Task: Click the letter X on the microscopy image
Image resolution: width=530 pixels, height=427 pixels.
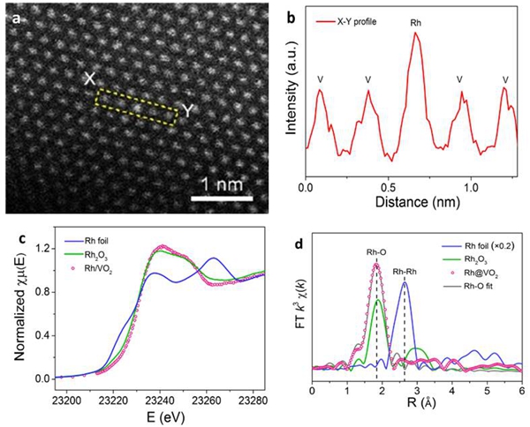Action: [x=89, y=79]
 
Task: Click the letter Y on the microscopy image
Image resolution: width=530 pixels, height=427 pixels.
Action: [x=187, y=110]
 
